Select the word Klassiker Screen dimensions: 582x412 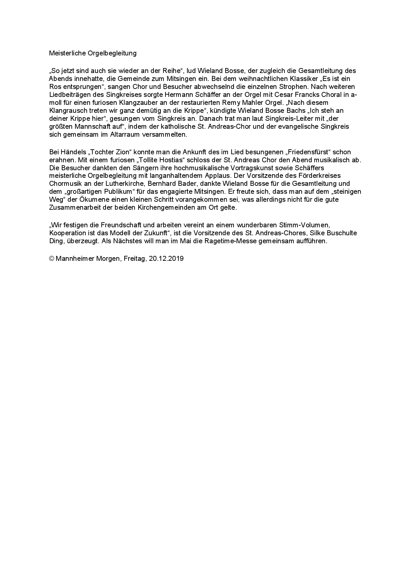click(300, 79)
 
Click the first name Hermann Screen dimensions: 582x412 click(180, 95)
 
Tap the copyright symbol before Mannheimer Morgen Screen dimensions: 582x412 click(51, 258)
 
